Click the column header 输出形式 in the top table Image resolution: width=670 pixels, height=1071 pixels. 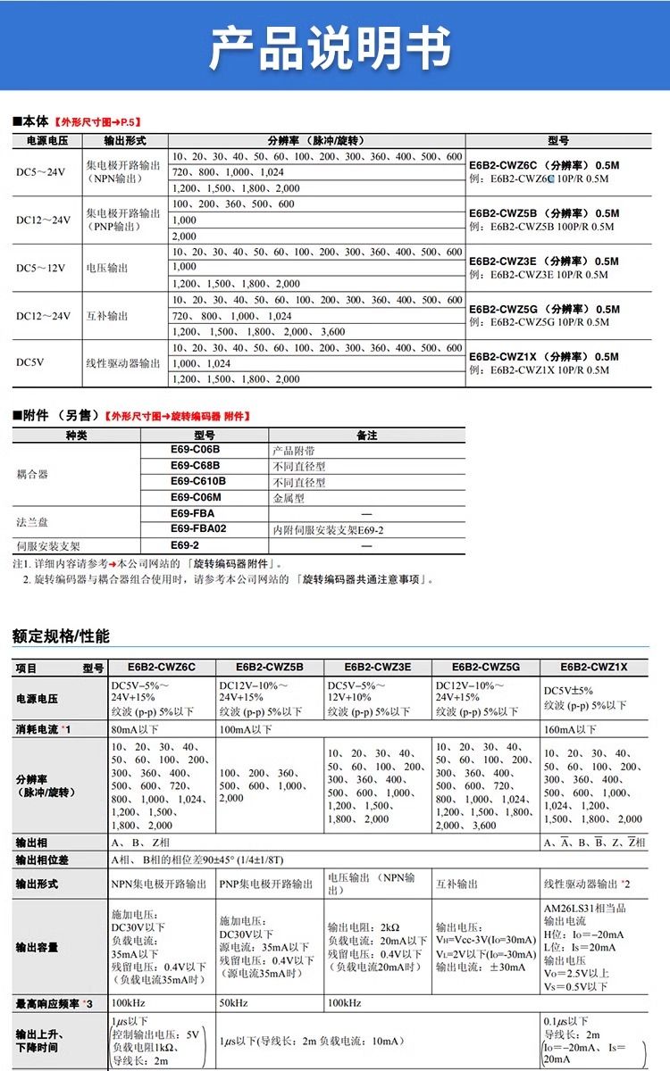(124, 141)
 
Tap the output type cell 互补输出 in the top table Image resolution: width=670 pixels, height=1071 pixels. (106, 316)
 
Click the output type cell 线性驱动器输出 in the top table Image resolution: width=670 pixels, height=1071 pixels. (123, 363)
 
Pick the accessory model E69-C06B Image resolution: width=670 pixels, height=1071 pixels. (195, 450)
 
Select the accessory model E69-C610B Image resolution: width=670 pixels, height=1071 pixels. (197, 482)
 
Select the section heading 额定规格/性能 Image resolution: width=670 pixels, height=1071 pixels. (61, 636)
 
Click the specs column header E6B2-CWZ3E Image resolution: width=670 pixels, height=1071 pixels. (377, 667)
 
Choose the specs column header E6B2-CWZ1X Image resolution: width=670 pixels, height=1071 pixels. (594, 667)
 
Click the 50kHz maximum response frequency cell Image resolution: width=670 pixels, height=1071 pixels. (233, 1003)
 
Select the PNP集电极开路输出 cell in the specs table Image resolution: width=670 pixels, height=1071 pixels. (266, 884)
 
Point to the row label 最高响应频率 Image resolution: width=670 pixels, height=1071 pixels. (54, 1003)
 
